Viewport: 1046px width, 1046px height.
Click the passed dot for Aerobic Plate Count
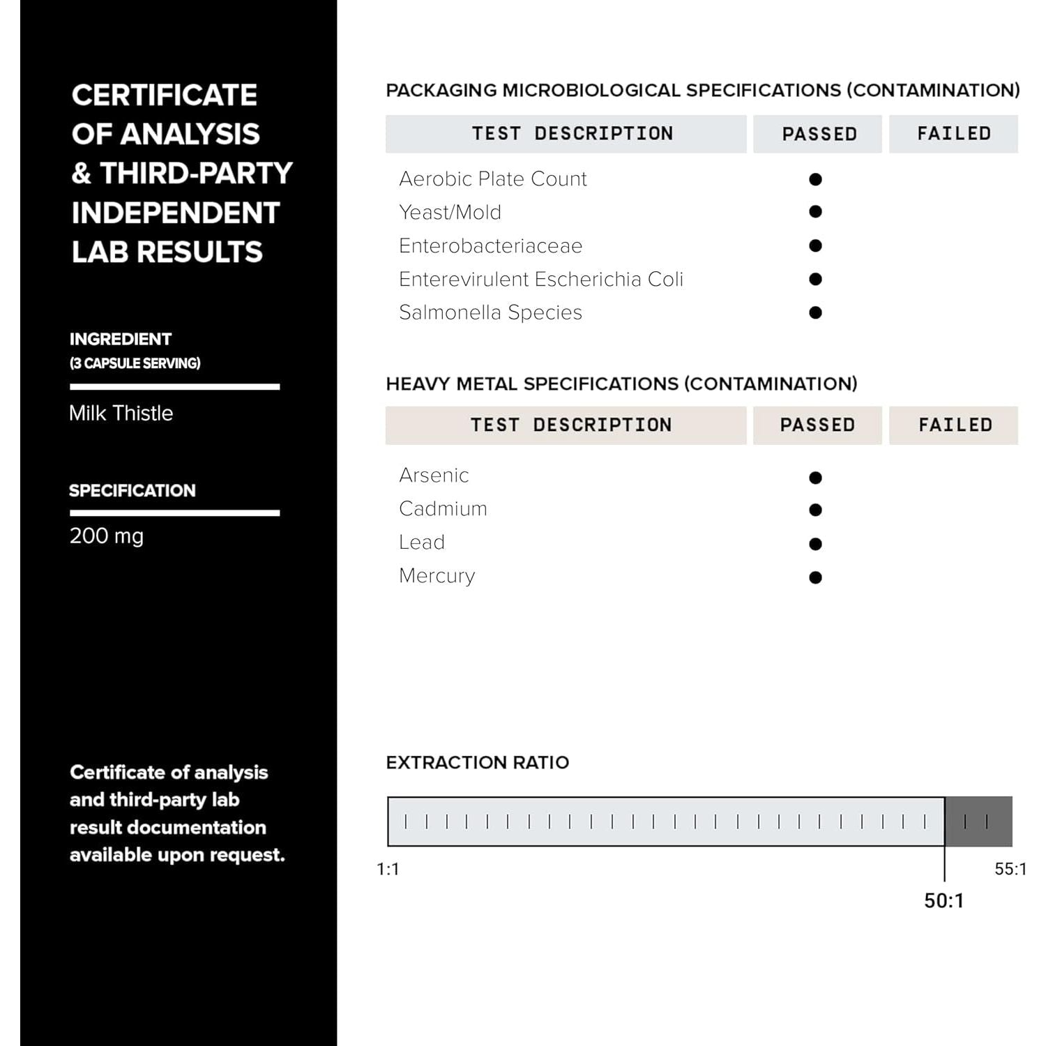pyautogui.click(x=815, y=179)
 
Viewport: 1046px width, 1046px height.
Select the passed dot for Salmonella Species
pyautogui.click(x=815, y=312)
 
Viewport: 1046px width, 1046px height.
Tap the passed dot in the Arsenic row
pyautogui.click(x=815, y=478)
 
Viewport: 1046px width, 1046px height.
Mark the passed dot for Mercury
pyautogui.click(x=815, y=577)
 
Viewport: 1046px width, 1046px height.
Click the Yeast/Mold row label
pyautogui.click(x=450, y=212)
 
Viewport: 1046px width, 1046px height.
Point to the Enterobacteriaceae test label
pyautogui.click(x=490, y=245)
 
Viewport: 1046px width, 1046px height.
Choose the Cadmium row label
pyautogui.click(x=443, y=508)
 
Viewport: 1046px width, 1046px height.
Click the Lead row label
pyautogui.click(x=422, y=542)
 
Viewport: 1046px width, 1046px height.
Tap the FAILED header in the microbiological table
pyautogui.click(x=953, y=133)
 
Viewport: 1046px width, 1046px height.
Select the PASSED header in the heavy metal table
pyautogui.click(x=817, y=425)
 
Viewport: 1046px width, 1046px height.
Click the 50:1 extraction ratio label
pyautogui.click(x=943, y=900)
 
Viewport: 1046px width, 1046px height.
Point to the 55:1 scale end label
pyautogui.click(x=1010, y=869)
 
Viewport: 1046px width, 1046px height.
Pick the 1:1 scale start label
pyautogui.click(x=388, y=869)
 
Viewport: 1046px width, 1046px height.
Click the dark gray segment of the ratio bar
pyautogui.click(x=978, y=821)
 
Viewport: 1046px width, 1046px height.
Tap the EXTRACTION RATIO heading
pyautogui.click(x=477, y=762)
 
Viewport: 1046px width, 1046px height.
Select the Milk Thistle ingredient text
pyautogui.click(x=121, y=413)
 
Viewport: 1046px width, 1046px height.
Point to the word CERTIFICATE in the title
pyautogui.click(x=165, y=95)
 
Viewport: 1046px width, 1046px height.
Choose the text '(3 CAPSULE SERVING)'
pyautogui.click(x=135, y=363)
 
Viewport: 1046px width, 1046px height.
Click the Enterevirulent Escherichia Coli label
pyautogui.click(x=540, y=279)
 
